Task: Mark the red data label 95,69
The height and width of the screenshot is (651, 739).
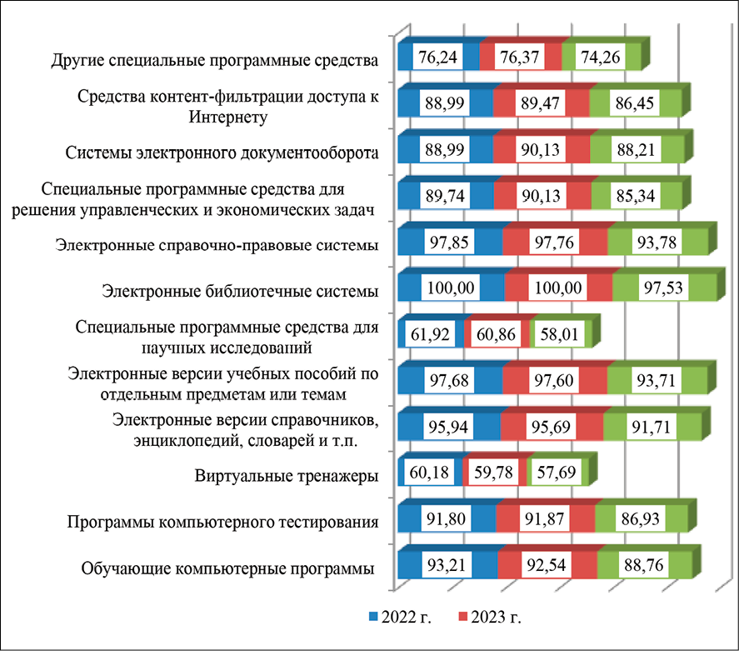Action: pyautogui.click(x=551, y=428)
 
